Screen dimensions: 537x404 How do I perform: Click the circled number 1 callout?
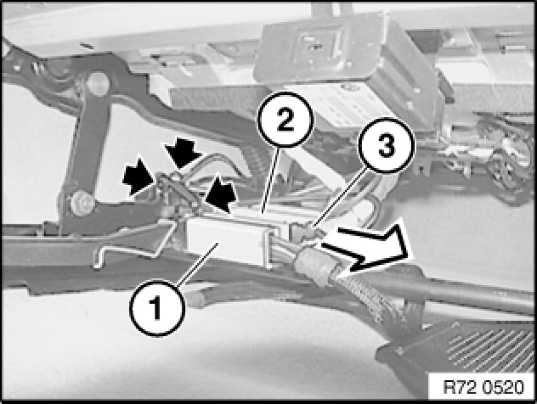(157, 307)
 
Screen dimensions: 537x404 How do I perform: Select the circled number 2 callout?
(285, 120)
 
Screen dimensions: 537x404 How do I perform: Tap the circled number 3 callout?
(386, 145)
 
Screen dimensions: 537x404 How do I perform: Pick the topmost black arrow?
(182, 152)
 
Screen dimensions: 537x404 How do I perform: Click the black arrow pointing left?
(221, 194)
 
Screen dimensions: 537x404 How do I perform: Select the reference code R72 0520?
(483, 387)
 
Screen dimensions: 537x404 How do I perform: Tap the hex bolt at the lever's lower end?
(83, 204)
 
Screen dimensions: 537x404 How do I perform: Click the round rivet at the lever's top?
(98, 83)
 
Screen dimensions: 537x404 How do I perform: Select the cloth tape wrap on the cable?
(314, 264)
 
